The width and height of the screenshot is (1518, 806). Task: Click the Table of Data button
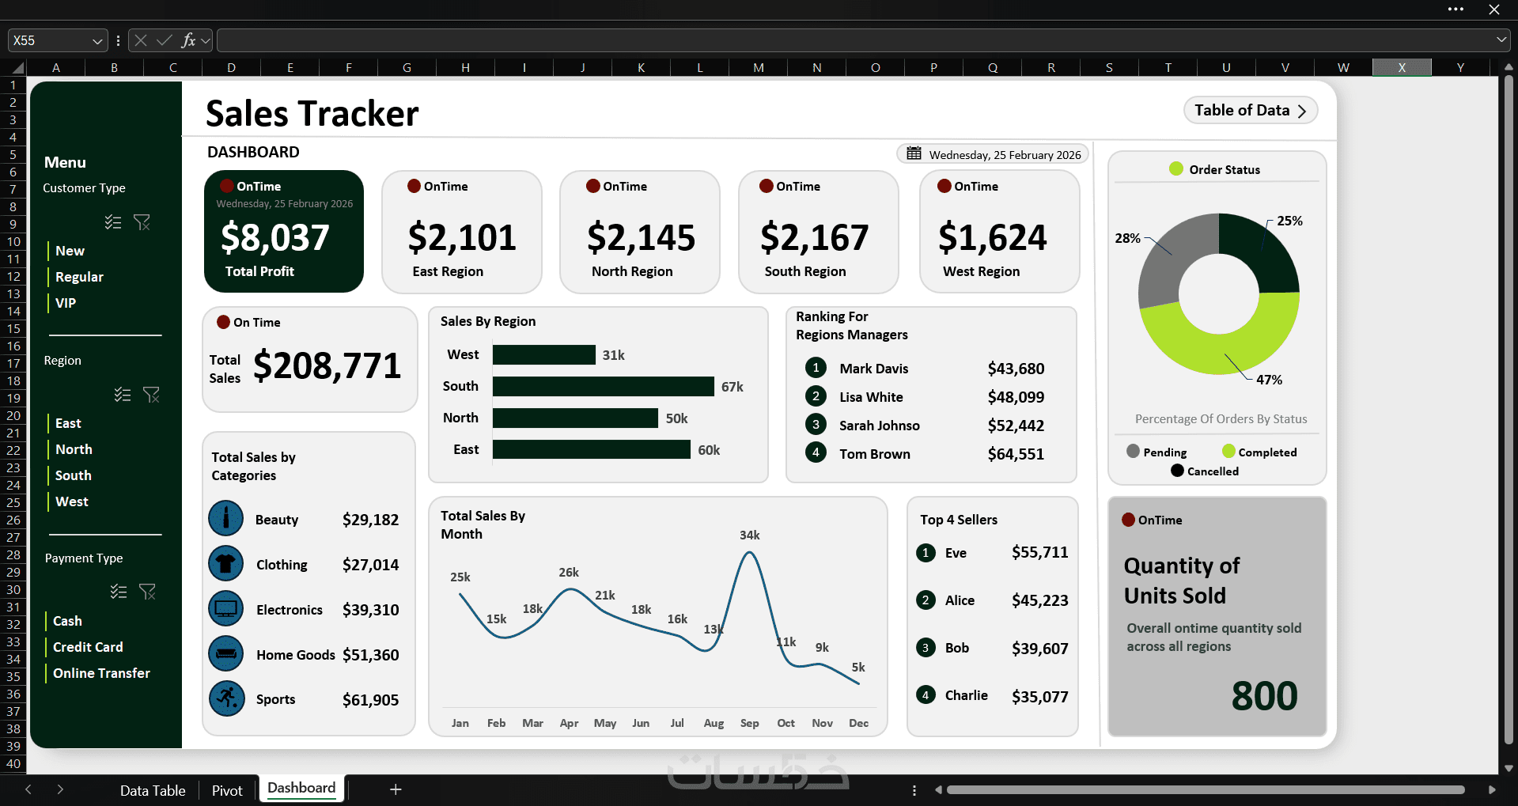point(1250,111)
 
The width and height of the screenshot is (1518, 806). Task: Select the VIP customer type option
point(66,303)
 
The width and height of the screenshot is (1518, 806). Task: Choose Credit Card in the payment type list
point(88,647)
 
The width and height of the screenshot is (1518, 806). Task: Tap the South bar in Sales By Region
point(603,386)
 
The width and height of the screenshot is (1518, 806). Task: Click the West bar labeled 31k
point(543,355)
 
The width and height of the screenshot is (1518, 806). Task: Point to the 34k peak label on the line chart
point(749,535)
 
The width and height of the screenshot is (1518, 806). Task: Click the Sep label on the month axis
point(749,723)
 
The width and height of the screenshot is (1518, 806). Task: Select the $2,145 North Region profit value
point(641,237)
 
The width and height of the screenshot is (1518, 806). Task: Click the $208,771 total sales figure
point(327,365)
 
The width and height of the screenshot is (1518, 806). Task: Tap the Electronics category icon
point(226,609)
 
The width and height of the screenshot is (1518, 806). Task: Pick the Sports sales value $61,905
point(370,700)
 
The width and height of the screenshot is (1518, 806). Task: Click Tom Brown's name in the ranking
point(874,454)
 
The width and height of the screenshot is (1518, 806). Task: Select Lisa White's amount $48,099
point(1016,397)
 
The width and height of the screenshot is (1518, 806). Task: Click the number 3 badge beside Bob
point(926,648)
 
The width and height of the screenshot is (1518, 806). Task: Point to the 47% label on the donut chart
point(1269,380)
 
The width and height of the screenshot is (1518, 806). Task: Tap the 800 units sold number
point(1264,696)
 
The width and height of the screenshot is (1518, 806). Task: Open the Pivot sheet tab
point(227,790)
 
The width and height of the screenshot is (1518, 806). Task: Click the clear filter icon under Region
point(151,394)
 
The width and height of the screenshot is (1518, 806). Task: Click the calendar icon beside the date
point(914,153)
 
